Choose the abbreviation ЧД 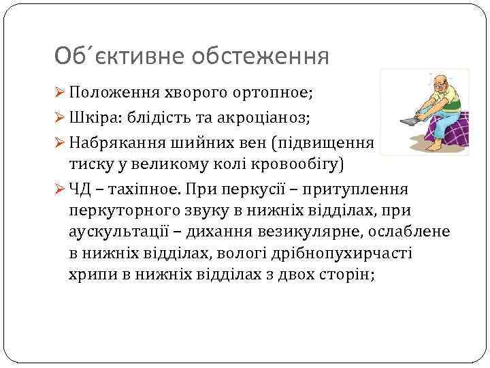point(82,189)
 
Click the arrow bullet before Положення point(61,93)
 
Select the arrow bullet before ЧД point(61,189)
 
